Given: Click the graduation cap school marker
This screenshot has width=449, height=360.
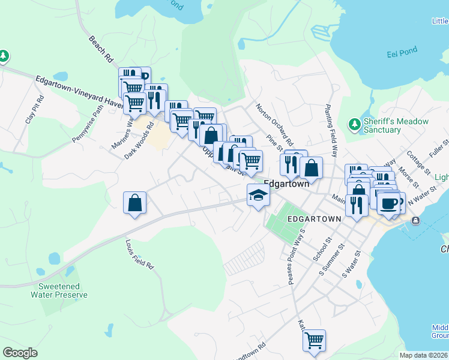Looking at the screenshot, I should [x=258, y=196].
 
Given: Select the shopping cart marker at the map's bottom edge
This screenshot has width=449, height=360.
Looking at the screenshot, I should [x=314, y=340].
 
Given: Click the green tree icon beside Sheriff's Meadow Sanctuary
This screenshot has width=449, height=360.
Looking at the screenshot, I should [x=354, y=124].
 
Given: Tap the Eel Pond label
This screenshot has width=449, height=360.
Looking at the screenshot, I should [x=402, y=52].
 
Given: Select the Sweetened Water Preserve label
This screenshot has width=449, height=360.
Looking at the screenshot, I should [x=59, y=291].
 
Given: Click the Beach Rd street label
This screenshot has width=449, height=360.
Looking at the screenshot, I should [x=101, y=49].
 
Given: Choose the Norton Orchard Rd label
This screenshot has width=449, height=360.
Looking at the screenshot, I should [x=274, y=125].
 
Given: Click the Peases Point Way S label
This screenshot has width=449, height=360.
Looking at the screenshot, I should [x=297, y=256].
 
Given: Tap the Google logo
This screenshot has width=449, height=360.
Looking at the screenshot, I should [x=20, y=353].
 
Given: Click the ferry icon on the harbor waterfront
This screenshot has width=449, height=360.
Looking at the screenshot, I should [x=415, y=221].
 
